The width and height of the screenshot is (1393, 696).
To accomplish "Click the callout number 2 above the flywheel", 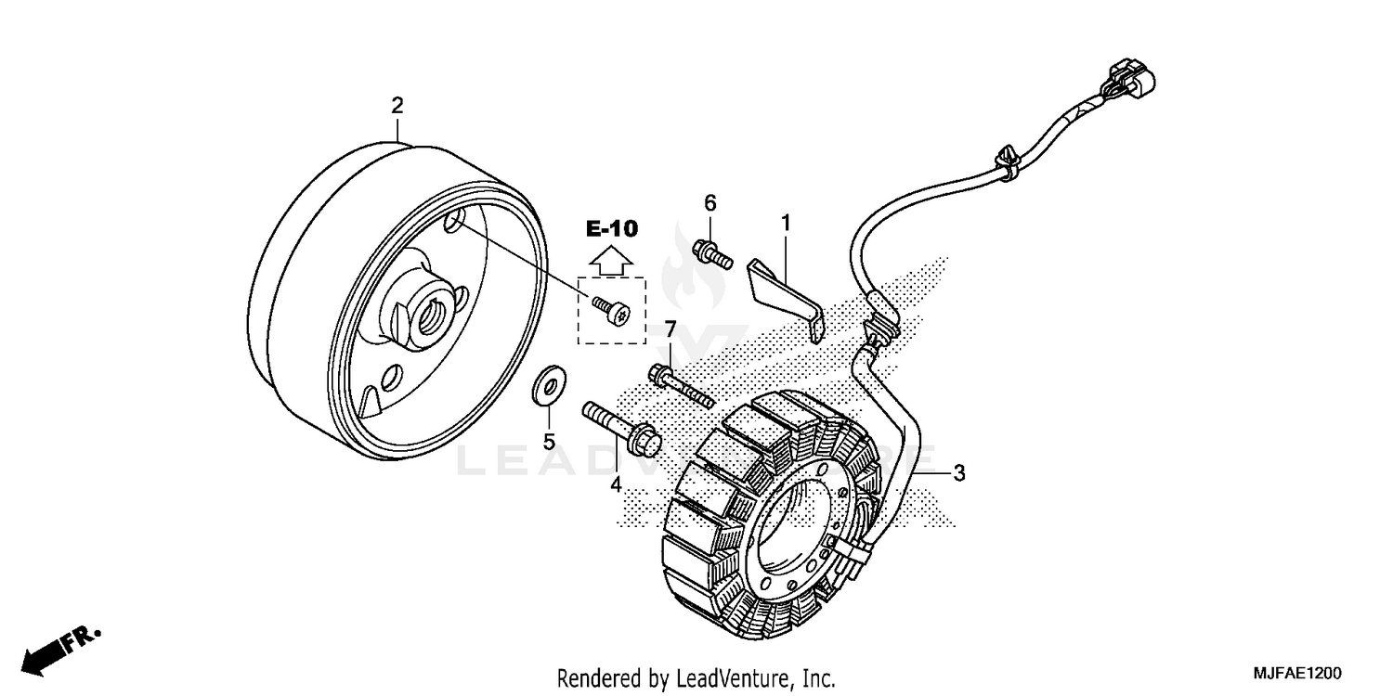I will click(x=397, y=106).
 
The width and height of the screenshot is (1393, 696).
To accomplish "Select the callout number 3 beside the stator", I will click(x=959, y=473).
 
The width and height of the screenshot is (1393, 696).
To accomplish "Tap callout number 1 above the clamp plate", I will click(x=786, y=223).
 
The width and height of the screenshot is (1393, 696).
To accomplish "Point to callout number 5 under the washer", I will click(x=549, y=442).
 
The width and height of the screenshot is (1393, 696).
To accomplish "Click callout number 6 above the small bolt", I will click(x=710, y=202).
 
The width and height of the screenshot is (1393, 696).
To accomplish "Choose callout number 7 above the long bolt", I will click(x=669, y=330).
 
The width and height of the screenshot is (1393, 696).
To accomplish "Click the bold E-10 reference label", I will click(x=611, y=227).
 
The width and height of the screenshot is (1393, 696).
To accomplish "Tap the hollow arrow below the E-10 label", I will click(x=611, y=260).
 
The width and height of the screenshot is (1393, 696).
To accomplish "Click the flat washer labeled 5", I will click(x=548, y=387).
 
